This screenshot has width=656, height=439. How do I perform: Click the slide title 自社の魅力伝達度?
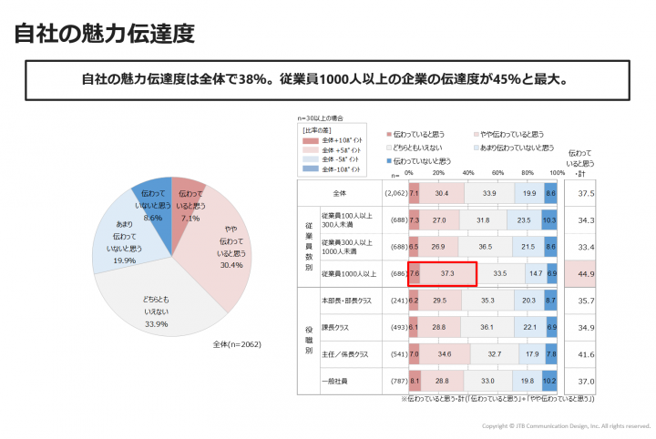click(x=105, y=35)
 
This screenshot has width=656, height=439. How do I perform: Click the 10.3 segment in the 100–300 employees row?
click(x=549, y=219)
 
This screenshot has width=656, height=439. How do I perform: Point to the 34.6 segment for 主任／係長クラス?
click(x=445, y=353)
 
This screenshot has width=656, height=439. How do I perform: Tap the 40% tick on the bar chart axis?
click(x=468, y=173)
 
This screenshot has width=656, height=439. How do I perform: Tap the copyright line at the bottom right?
click(x=565, y=426)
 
